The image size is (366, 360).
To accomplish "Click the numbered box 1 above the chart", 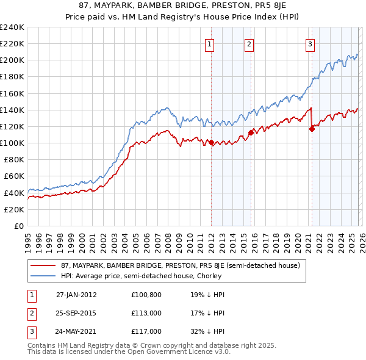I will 209,43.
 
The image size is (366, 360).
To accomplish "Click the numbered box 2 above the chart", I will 249,43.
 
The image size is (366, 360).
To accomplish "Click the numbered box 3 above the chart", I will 310,43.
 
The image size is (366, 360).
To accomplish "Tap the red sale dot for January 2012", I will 211,142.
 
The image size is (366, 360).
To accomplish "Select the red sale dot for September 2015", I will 251,132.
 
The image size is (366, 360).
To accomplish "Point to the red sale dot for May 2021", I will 312,129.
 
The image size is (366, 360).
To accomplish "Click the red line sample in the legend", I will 44,265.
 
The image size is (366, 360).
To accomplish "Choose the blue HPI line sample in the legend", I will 44,276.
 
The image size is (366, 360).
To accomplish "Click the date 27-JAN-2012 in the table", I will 76,294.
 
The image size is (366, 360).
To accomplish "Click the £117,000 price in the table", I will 146,332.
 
